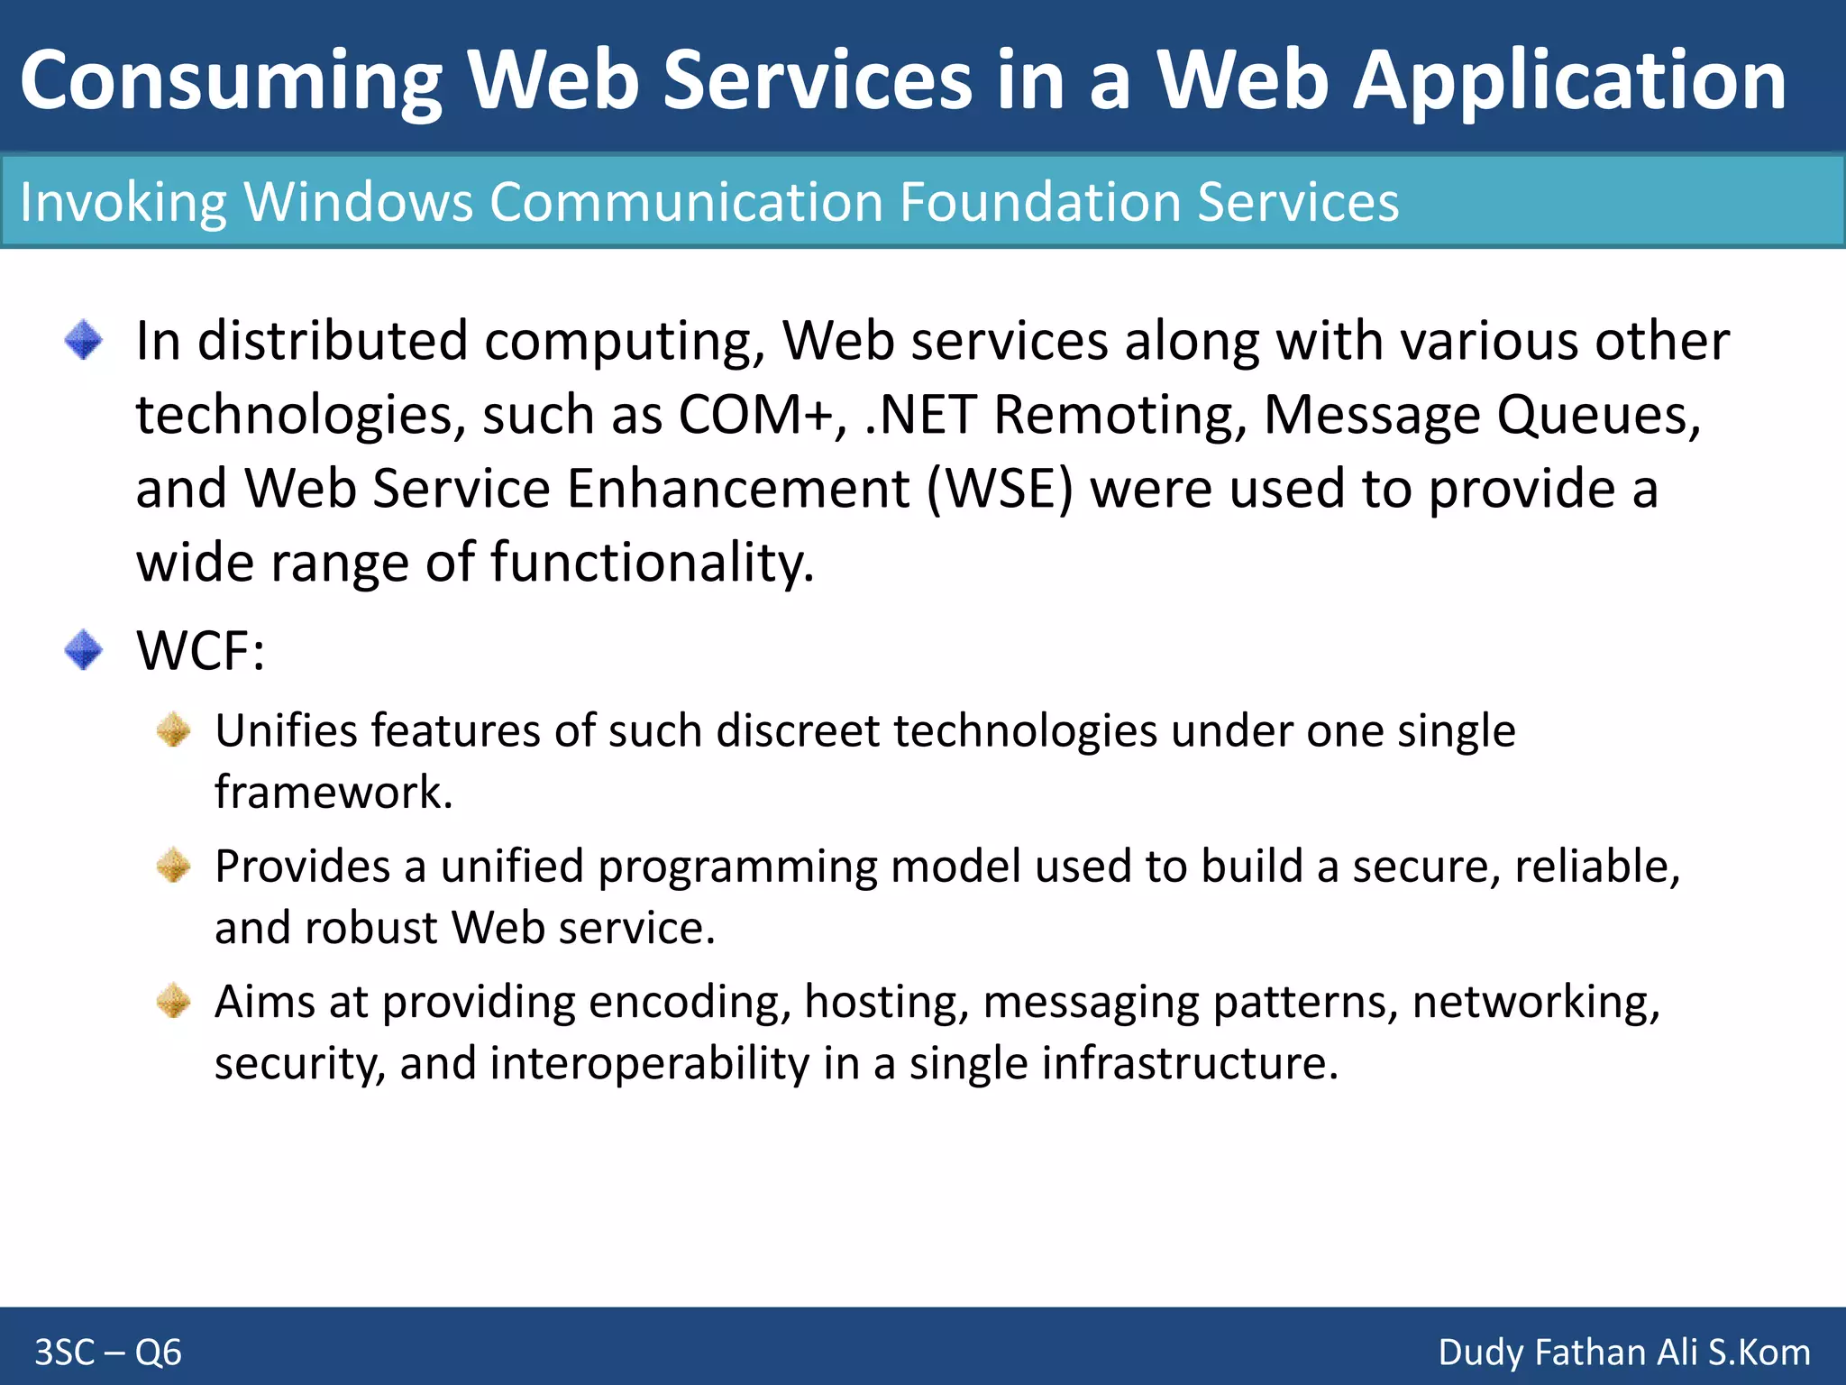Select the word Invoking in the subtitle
point(123,202)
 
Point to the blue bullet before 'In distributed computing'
point(84,340)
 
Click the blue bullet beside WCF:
point(84,649)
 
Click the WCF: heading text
point(200,650)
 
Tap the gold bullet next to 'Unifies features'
point(173,729)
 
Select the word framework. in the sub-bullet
point(334,792)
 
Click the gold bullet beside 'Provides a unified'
point(173,866)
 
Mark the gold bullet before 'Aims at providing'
point(173,1001)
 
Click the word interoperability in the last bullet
point(649,1063)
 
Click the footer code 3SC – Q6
point(108,1353)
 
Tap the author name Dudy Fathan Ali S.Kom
point(1623,1353)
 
